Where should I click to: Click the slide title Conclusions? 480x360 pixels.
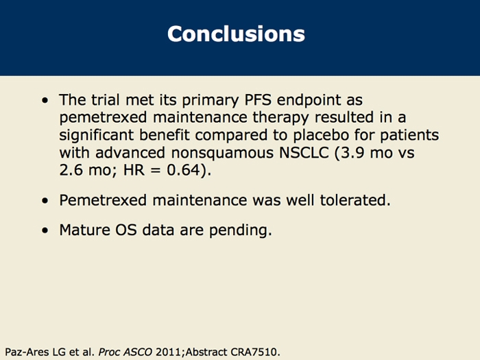click(x=236, y=34)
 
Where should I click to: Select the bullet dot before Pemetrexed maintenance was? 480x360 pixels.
click(x=45, y=202)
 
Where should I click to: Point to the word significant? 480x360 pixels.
click(x=99, y=135)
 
